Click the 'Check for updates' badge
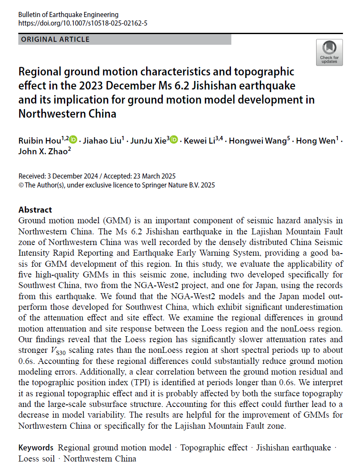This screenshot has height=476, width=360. pyautogui.click(x=329, y=52)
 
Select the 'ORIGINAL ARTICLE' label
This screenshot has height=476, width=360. pyautogui.click(x=55, y=40)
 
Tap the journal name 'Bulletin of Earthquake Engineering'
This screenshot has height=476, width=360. pyautogui.click(x=69, y=15)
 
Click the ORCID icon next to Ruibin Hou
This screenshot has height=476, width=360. pyautogui.click(x=73, y=139)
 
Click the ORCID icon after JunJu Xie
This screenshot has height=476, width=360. pyautogui.click(x=174, y=139)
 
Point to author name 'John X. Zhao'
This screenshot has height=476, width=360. pyautogui.click(x=43, y=151)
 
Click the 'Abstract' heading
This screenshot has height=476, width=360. pyautogui.click(x=35, y=210)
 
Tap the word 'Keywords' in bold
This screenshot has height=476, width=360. pyautogui.click(x=36, y=447)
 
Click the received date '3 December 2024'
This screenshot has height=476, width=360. pyautogui.click(x=68, y=176)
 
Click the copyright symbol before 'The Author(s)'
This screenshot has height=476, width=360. pyautogui.click(x=21, y=185)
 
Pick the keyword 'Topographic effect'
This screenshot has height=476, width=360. pyautogui.click(x=213, y=447)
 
